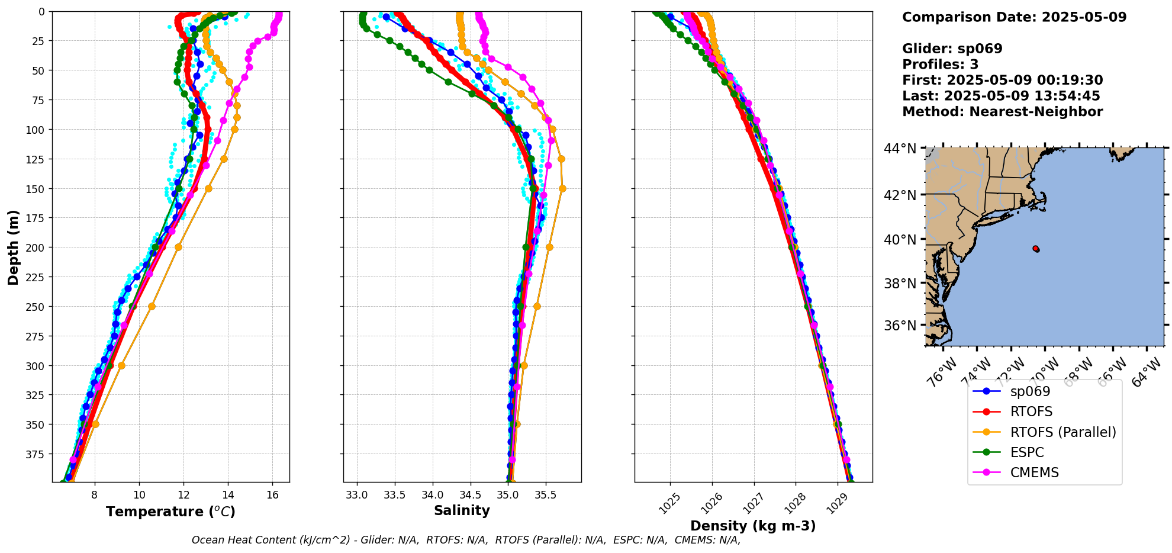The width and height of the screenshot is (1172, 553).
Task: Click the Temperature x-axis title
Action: [170, 512]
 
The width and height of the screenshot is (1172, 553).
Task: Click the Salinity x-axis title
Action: [462, 510]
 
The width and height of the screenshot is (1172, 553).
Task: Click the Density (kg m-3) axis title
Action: [753, 526]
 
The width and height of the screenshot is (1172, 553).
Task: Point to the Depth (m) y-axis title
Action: [13, 247]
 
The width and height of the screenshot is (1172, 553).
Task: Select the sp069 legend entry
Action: [1030, 392]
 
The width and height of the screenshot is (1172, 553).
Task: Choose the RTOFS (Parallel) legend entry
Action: [1062, 432]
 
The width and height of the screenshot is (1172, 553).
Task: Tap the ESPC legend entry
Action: [1026, 452]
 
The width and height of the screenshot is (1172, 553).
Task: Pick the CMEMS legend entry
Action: [1033, 472]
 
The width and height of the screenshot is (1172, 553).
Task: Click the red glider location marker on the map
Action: [1035, 249]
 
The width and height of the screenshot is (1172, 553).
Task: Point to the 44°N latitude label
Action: [900, 149]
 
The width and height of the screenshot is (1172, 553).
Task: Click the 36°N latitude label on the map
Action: [900, 326]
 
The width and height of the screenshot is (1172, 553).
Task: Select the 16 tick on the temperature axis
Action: [272, 495]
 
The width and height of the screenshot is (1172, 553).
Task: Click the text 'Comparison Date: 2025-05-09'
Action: [1014, 17]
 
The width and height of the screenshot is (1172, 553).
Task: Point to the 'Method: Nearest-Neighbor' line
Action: [1002, 112]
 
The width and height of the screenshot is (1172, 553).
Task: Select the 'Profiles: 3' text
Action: [940, 65]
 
